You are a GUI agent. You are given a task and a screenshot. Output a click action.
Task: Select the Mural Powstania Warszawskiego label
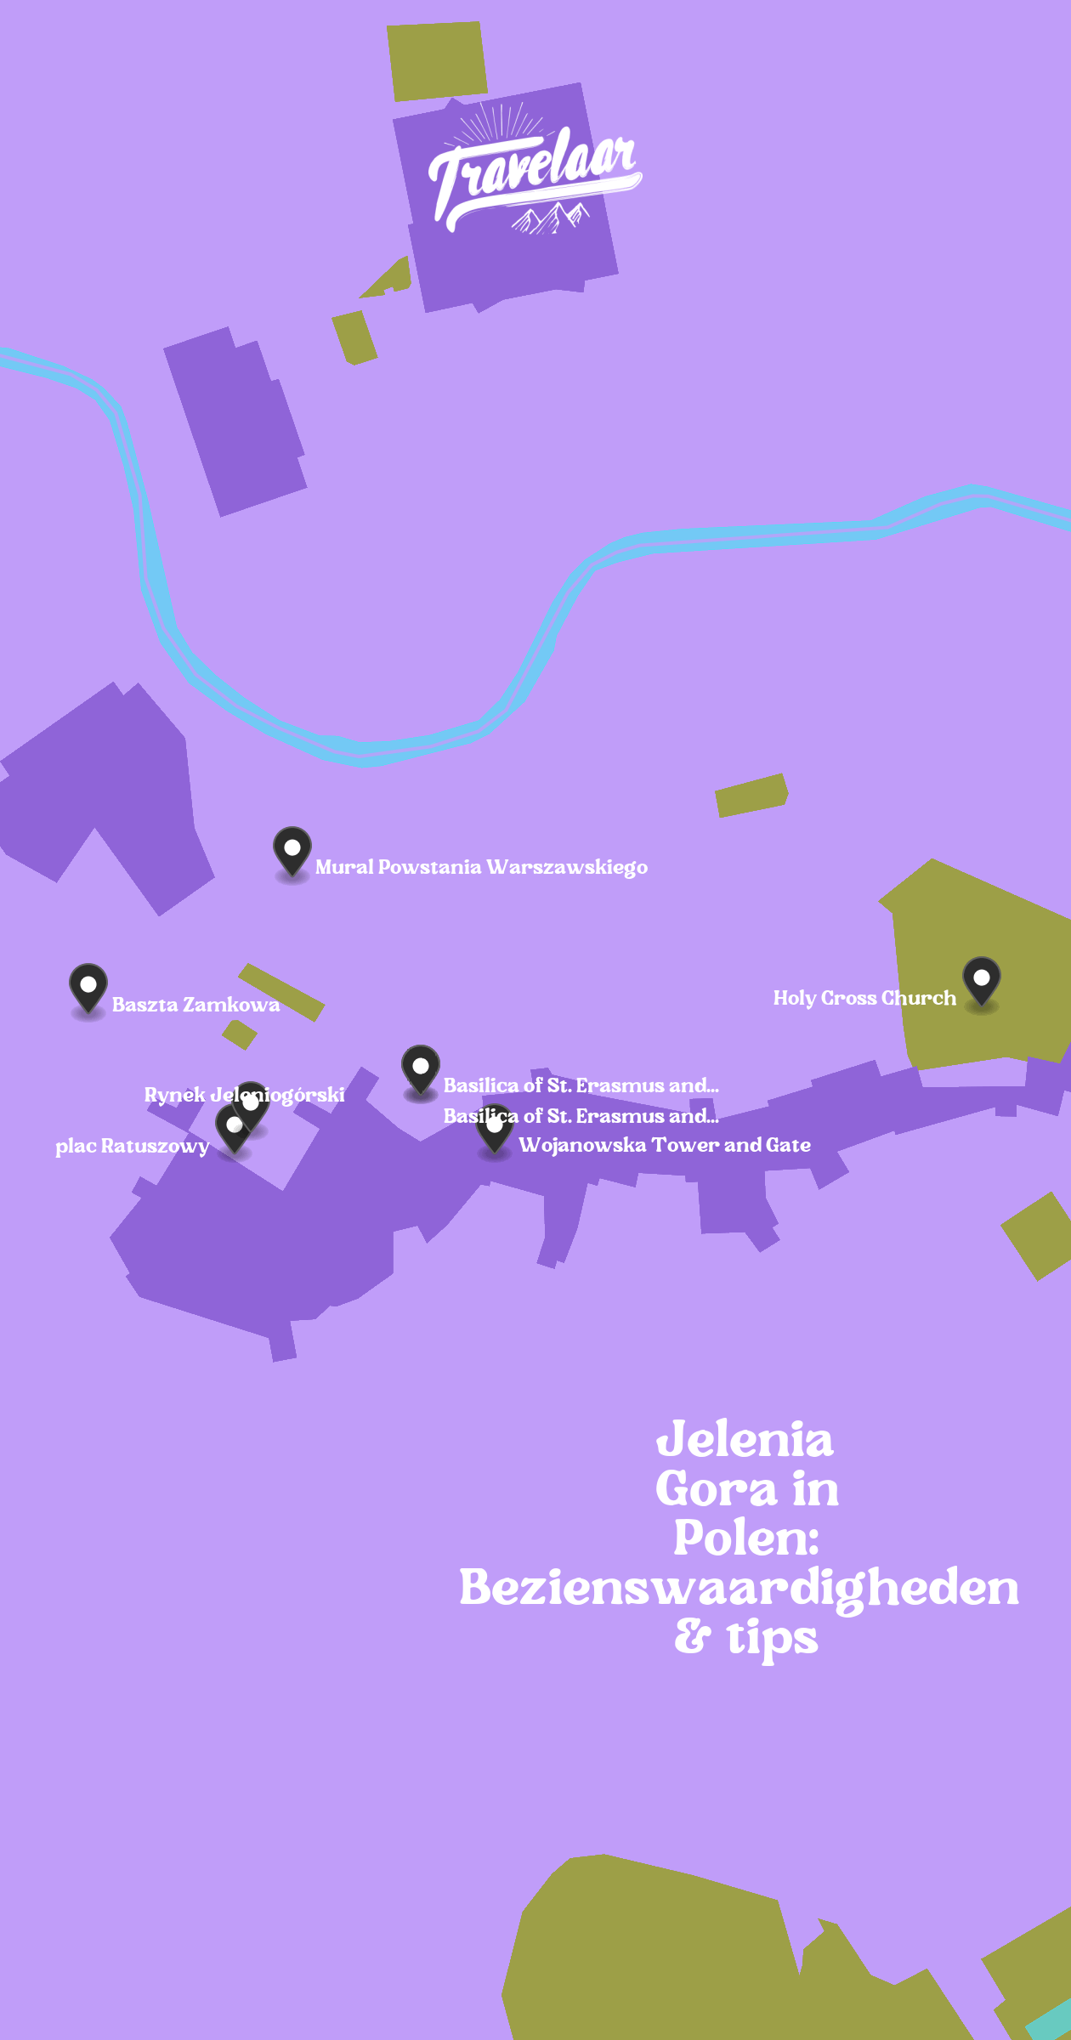click(x=481, y=867)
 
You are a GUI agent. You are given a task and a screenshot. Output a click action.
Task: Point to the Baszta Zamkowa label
click(x=195, y=1005)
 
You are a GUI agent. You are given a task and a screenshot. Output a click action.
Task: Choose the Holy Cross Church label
click(x=864, y=998)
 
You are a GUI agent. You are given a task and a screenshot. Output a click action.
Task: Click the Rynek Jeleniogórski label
click(x=244, y=1095)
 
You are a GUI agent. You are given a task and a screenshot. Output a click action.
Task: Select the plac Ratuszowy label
click(x=132, y=1146)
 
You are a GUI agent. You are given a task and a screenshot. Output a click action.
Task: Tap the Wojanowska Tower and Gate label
click(x=665, y=1145)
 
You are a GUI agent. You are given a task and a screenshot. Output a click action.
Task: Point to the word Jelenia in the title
click(x=745, y=1440)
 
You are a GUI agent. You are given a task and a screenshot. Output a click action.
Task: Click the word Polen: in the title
click(x=745, y=1538)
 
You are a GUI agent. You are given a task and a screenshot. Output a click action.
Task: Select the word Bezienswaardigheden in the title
click(x=739, y=1588)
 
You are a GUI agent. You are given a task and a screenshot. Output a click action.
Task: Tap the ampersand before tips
click(x=693, y=1636)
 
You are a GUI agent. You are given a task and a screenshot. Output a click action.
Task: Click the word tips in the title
click(x=772, y=1638)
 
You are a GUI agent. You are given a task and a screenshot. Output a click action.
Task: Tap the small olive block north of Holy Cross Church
click(x=751, y=795)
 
